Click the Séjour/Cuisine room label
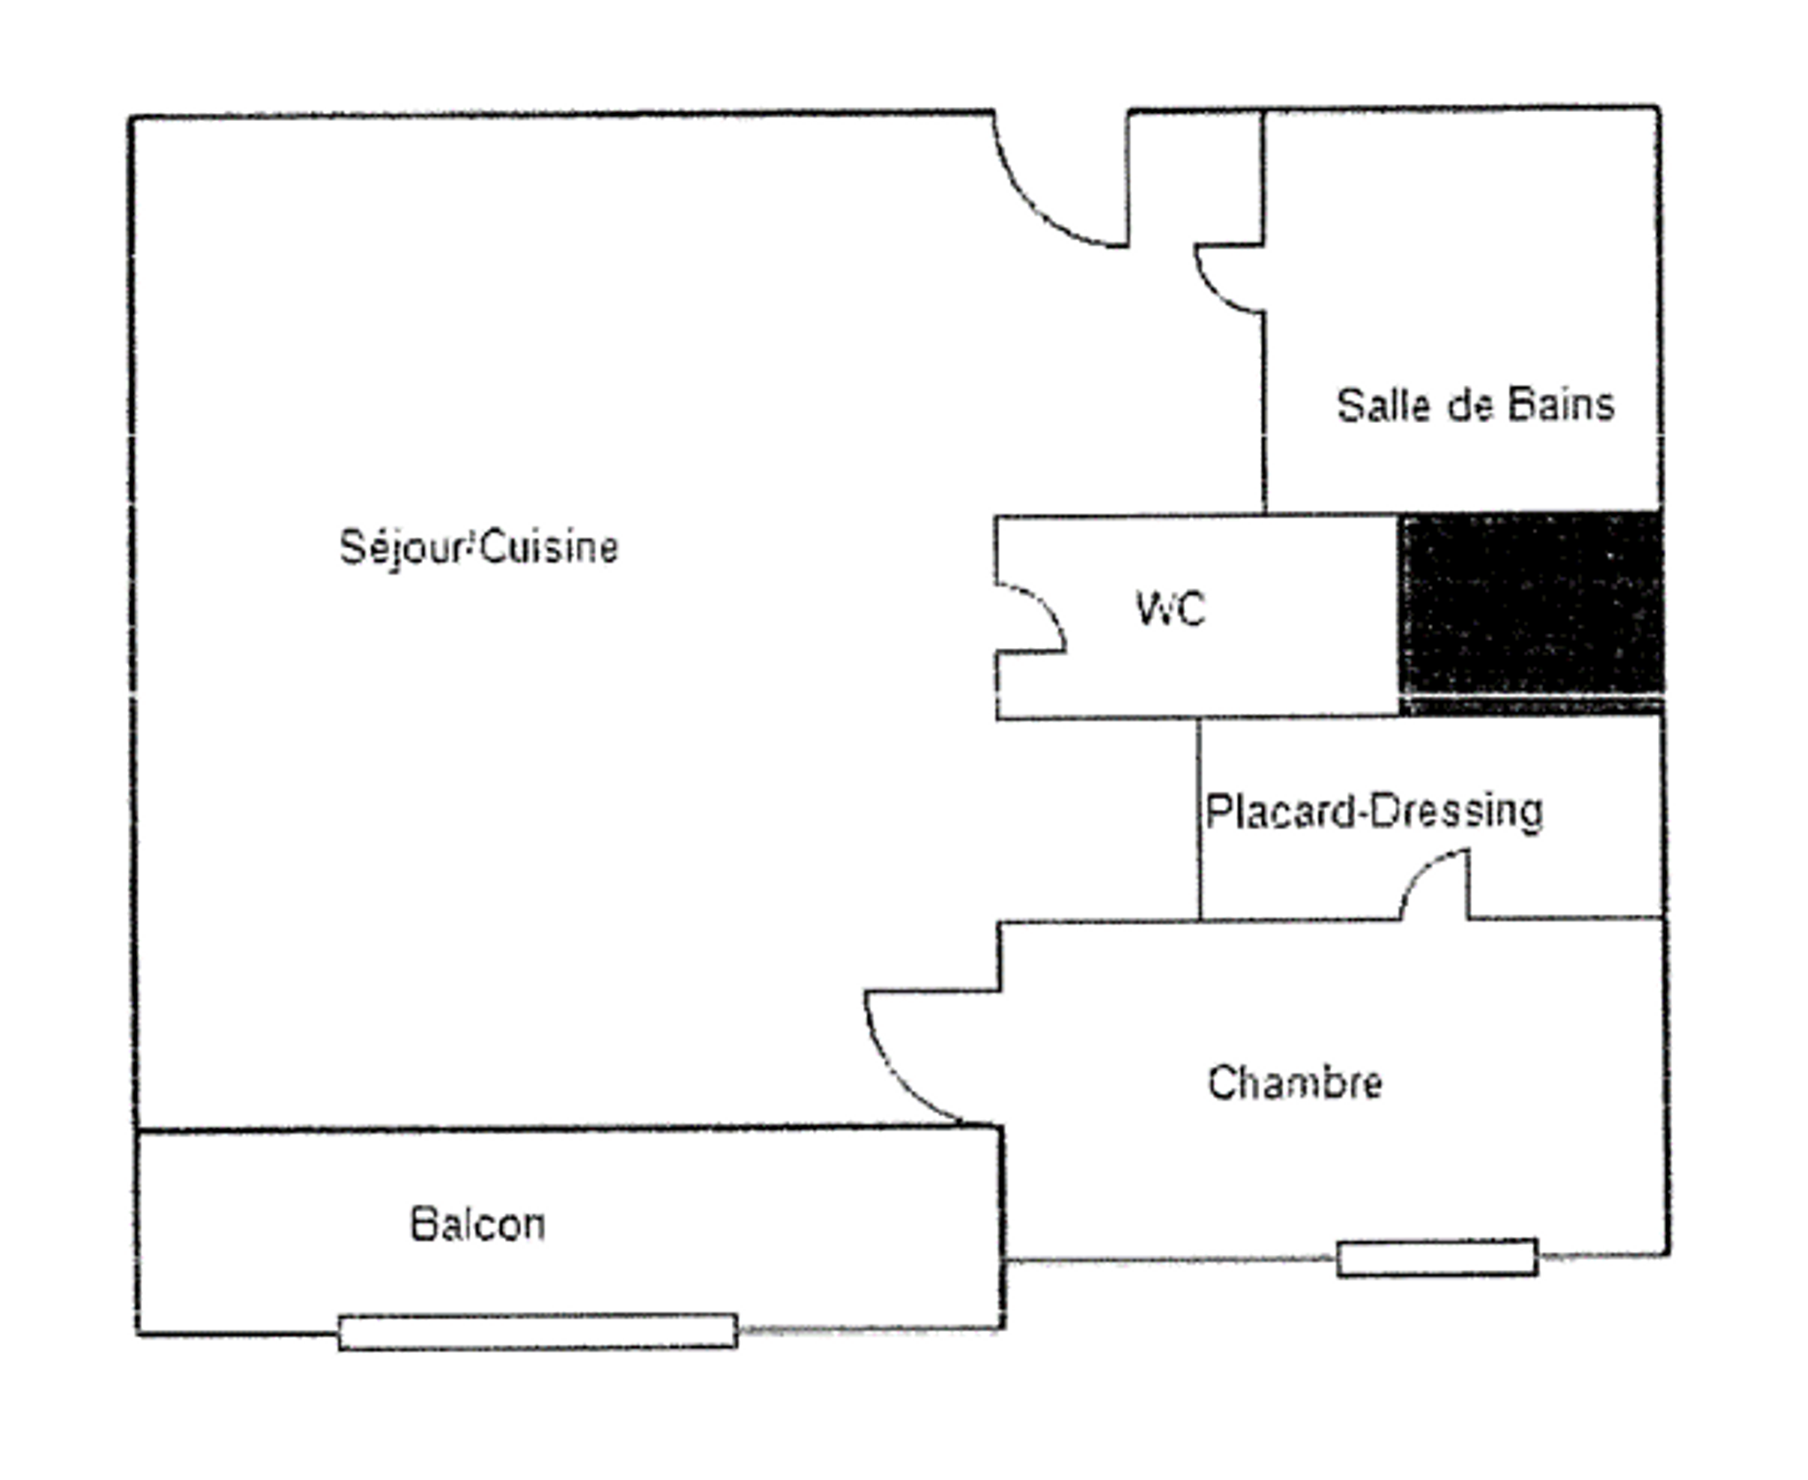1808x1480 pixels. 478,547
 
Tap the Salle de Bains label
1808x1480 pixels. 1475,405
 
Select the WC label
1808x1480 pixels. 1171,609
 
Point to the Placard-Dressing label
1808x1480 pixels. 1374,812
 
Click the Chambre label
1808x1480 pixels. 1294,1083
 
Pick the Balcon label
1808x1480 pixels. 478,1225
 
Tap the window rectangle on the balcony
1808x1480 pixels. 538,1332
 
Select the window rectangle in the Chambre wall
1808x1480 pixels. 1436,1257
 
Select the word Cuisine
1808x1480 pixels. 551,547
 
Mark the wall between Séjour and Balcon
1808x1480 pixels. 565,1128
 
